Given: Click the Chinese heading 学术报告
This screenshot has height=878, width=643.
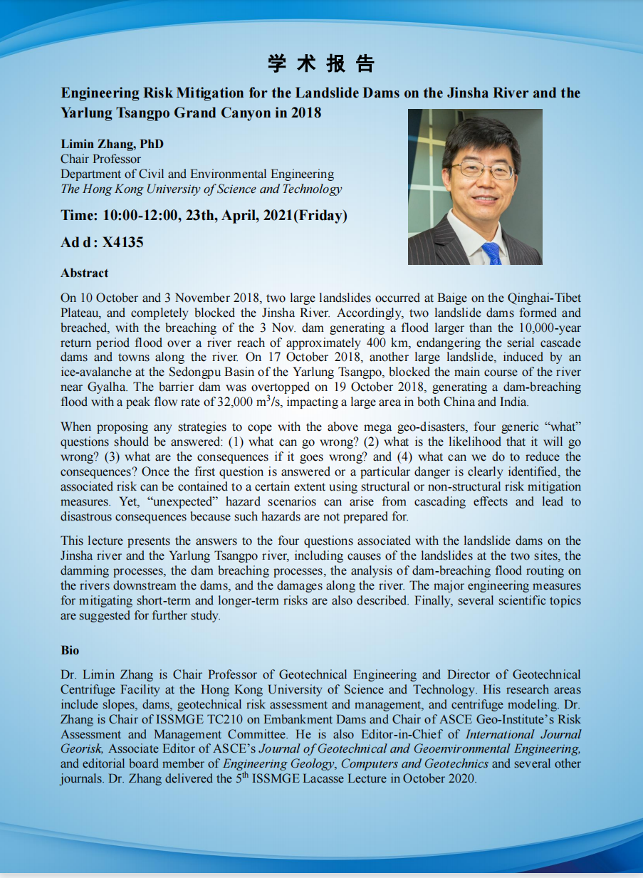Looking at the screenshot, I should pyautogui.click(x=321, y=64).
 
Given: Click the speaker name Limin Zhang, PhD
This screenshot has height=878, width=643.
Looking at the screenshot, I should pyautogui.click(x=112, y=144).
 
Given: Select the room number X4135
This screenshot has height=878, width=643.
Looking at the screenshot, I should pyautogui.click(x=122, y=242).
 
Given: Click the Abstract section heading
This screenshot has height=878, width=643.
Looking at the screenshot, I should pyautogui.click(x=84, y=273).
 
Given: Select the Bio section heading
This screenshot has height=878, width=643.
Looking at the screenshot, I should pyautogui.click(x=70, y=650).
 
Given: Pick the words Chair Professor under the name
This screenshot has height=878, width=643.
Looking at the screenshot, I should pyautogui.click(x=100, y=159).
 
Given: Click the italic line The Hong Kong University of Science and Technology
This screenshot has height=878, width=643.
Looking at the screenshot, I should pyautogui.click(x=201, y=189).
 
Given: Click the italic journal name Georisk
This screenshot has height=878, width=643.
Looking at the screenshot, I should pyautogui.click(x=83, y=748).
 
